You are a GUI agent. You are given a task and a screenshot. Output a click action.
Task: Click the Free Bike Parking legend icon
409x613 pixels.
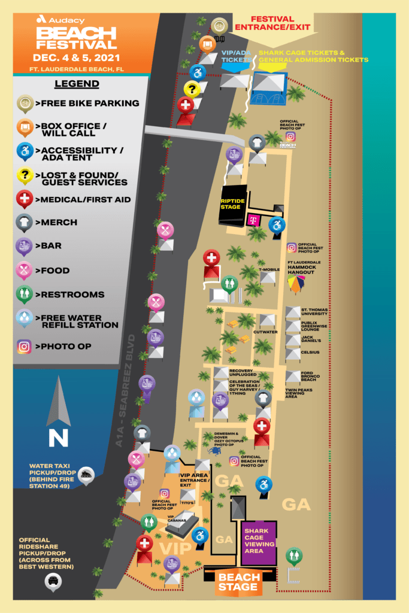tap(24, 103)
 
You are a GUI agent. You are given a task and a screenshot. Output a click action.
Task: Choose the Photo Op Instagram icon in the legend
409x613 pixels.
tap(24, 346)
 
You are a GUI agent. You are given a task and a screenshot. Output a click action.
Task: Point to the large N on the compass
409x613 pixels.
tap(58, 438)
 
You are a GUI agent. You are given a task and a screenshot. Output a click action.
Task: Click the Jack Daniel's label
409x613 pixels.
tap(315, 339)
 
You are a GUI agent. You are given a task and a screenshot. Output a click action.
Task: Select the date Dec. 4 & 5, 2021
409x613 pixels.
tap(77, 58)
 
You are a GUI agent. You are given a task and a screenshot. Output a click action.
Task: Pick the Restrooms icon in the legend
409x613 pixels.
tap(24, 294)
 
